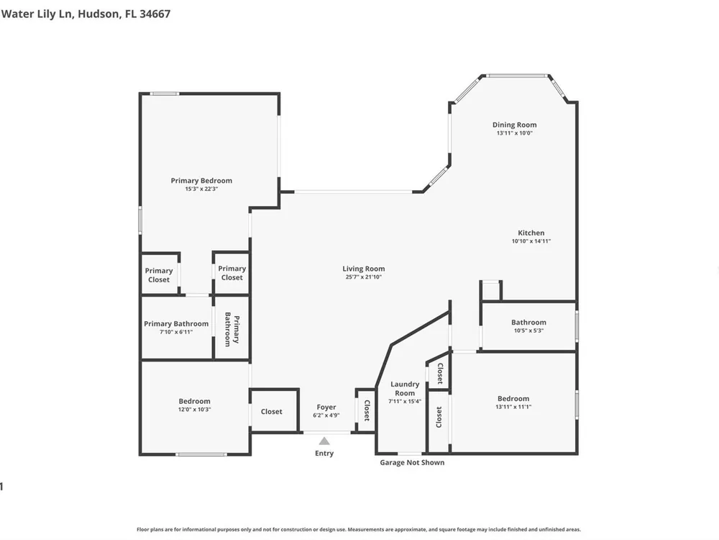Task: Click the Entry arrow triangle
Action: click(324, 441)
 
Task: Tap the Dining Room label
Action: click(515, 125)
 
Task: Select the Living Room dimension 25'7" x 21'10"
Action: click(364, 277)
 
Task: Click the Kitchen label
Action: click(531, 233)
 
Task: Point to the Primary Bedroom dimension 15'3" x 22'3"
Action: click(201, 189)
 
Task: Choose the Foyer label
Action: click(326, 408)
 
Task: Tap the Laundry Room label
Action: click(405, 389)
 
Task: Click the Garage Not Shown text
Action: click(412, 462)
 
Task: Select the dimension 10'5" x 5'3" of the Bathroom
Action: click(528, 330)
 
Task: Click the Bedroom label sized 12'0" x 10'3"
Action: click(194, 401)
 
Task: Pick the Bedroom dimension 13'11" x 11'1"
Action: click(513, 407)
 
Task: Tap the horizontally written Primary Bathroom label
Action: click(176, 324)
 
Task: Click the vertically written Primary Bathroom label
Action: click(232, 329)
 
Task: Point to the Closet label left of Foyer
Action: click(272, 411)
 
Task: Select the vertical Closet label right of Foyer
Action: click(367, 410)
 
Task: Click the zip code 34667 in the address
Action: click(155, 14)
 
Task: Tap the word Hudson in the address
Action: click(99, 14)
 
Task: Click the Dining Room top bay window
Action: click(517, 76)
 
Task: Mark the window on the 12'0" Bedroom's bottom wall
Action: click(201, 454)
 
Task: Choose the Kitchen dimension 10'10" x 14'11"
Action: click(531, 241)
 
